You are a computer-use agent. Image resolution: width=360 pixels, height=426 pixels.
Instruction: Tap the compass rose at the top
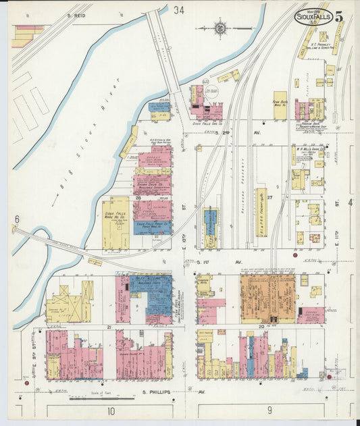pos(221,28)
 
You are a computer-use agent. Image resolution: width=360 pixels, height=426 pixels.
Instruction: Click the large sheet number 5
pos(338,16)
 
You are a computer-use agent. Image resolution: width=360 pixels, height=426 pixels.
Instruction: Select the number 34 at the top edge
pos(178,10)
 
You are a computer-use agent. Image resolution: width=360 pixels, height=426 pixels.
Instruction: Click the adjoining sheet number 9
pos(269,410)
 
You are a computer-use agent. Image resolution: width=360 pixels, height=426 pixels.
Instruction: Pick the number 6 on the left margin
pos(17,219)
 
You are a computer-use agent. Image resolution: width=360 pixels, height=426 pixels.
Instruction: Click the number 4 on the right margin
pos(350,202)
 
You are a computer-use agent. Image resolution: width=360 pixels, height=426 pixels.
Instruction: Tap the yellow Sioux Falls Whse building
pos(116,222)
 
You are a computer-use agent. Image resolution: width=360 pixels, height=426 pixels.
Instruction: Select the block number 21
pos(108,327)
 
